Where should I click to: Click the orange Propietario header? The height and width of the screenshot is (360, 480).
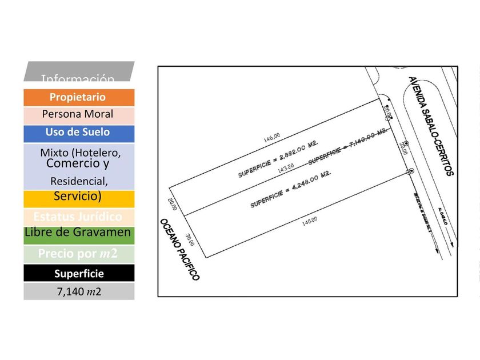[x=78, y=97]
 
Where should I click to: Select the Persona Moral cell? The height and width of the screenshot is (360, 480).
[x=78, y=114]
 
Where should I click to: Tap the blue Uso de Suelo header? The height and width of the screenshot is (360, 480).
[x=78, y=132]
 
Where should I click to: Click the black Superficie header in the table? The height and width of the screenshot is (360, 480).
[x=78, y=274]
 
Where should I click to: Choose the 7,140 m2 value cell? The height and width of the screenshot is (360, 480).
[x=78, y=291]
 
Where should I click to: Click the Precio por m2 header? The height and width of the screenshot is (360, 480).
[x=78, y=254]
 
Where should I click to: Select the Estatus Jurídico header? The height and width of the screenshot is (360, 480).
[x=78, y=217]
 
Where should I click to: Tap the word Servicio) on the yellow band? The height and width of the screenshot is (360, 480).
[x=78, y=197]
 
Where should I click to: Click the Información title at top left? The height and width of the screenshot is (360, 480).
[x=78, y=78]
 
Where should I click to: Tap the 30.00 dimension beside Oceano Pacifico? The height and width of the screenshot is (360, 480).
[x=190, y=239]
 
